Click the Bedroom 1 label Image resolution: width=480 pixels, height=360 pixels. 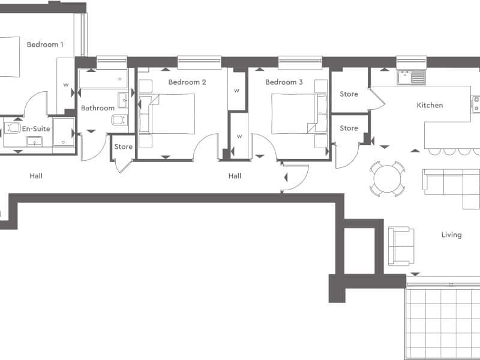pos(45,44)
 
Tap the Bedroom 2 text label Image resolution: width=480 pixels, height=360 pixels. pos(187,82)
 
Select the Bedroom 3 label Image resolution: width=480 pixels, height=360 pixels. pos(284,82)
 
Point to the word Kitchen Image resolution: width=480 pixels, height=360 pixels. pos(430,106)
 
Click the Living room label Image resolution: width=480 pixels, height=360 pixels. pos(452,235)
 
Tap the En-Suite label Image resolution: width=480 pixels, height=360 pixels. pos(36,129)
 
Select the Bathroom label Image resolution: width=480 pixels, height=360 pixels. pos(98,108)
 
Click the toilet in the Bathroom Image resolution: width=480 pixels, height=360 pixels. pos(119,119)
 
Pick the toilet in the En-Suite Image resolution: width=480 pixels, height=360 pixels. pos(13,128)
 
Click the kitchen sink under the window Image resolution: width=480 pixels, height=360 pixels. pos(412,77)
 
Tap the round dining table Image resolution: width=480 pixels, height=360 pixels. pos(387,178)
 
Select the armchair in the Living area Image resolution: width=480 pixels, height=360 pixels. pos(401,246)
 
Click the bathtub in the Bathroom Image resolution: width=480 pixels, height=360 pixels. pos(103,79)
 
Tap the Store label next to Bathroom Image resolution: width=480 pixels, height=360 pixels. pos(124,146)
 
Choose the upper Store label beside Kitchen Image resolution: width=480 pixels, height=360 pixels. pos(349,94)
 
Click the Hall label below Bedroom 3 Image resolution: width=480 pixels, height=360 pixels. pos(235,176)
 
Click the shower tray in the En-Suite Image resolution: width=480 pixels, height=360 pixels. pos(64,132)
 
